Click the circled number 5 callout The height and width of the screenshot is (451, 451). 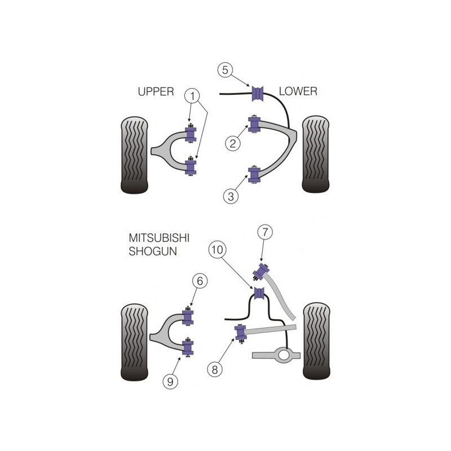225,70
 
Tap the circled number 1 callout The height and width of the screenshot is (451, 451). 193,96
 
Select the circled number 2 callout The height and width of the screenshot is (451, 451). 233,143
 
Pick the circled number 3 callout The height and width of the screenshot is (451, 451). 231,196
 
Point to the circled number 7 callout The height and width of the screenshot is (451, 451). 265,232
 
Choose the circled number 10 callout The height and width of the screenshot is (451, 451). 217,249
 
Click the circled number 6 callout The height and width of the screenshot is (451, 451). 200,281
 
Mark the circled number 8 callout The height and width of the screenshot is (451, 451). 215,370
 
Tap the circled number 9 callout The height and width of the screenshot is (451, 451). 170,382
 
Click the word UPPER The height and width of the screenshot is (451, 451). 156,91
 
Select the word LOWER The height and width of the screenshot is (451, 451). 298,91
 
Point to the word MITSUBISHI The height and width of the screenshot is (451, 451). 159,238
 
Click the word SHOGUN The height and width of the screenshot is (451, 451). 153,251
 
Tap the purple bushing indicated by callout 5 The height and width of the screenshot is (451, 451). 258,94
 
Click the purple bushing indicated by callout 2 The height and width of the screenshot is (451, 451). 254,124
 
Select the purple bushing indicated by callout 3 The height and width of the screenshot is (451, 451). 254,175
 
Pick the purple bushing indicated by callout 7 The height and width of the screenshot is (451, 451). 262,272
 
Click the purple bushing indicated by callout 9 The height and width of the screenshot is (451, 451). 188,347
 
